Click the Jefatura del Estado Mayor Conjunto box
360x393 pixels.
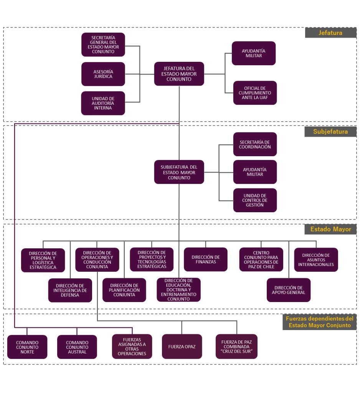pyautogui.click(x=179, y=74)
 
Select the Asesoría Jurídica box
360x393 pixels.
pyautogui.click(x=103, y=74)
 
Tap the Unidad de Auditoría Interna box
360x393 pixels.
pyautogui.click(x=103, y=103)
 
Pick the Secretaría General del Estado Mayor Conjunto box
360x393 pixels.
pyautogui.click(x=103, y=45)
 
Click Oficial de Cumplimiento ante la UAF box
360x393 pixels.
pyautogui.click(x=255, y=93)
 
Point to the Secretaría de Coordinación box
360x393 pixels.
pyautogui.click(x=255, y=144)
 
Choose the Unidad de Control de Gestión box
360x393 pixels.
pyautogui.click(x=255, y=200)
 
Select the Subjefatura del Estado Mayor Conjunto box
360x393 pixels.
pyautogui.click(x=179, y=172)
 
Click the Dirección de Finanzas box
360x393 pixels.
pyautogui.click(x=205, y=259)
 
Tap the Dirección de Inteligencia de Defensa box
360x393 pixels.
pyautogui.click(x=70, y=290)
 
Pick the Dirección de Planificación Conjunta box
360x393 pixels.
pyautogui.click(x=124, y=290)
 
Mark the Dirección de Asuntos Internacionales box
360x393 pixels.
pyautogui.click(x=316, y=260)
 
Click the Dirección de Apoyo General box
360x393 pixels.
pyautogui.click(x=289, y=290)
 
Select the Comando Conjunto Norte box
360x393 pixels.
pyautogui.click(x=27, y=347)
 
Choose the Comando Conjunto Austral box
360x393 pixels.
pyautogui.click(x=77, y=347)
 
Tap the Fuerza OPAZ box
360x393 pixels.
pyautogui.click(x=182, y=347)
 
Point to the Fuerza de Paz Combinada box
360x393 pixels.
pyautogui.click(x=236, y=347)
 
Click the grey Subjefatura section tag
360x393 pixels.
pyautogui.click(x=330, y=132)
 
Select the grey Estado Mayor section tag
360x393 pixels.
pyautogui.click(x=330, y=230)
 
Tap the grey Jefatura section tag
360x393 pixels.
pyautogui.click(x=330, y=33)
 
